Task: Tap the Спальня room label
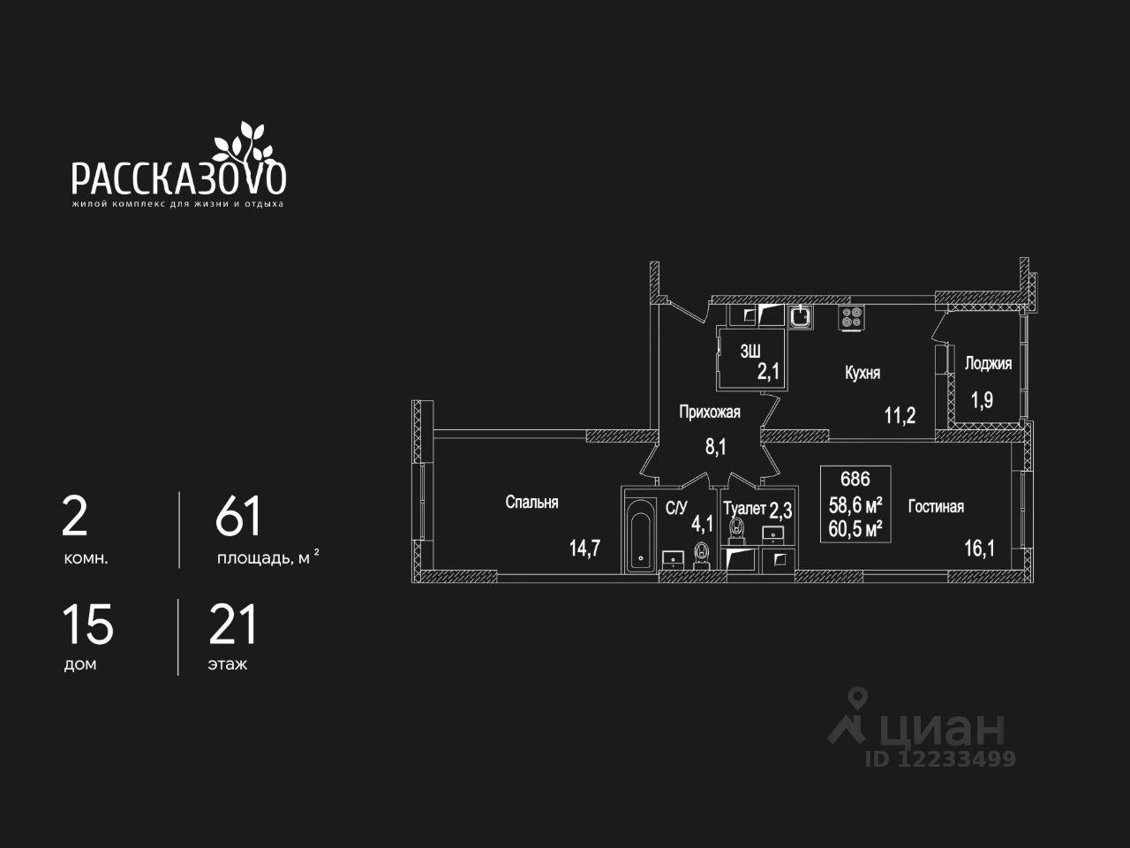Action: tap(531, 502)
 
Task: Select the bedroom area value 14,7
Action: tap(584, 548)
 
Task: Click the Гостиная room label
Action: tap(936, 506)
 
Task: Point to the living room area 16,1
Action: tap(979, 548)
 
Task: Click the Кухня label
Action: tap(863, 373)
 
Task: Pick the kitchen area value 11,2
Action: tap(900, 415)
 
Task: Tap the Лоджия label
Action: tap(988, 363)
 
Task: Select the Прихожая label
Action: tap(709, 412)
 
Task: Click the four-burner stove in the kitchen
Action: tap(851, 318)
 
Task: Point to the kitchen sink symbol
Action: tap(801, 316)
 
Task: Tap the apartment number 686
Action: tap(855, 480)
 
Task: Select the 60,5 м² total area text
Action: tap(855, 528)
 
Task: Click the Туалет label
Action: tap(744, 509)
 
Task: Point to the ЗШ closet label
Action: tap(750, 351)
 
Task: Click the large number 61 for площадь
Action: tap(238, 517)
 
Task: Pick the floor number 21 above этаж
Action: tap(233, 625)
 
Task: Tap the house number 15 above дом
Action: tap(87, 625)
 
